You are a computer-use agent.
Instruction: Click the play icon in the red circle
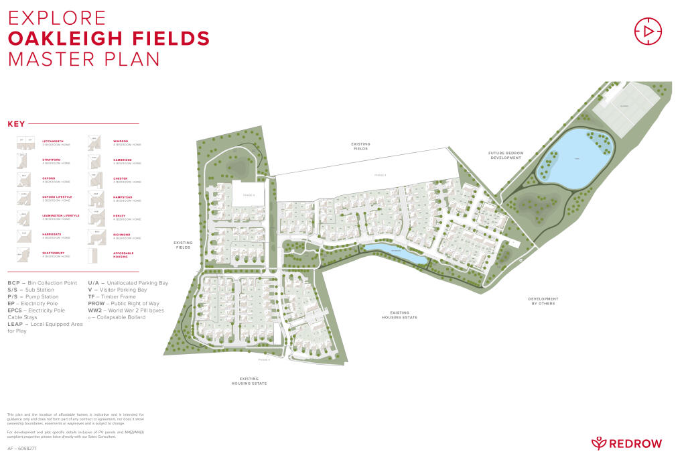647,31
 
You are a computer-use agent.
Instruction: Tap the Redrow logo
627,443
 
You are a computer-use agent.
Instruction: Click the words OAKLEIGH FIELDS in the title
109,38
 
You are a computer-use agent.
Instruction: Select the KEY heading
16,124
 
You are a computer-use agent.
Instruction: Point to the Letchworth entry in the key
56,141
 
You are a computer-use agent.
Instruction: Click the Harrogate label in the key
54,234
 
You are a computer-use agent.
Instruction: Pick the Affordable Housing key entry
123,254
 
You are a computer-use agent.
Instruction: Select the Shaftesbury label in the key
56,253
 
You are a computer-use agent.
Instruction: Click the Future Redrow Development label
505,155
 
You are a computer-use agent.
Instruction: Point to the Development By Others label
543,301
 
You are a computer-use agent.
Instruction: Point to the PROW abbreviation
97,303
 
